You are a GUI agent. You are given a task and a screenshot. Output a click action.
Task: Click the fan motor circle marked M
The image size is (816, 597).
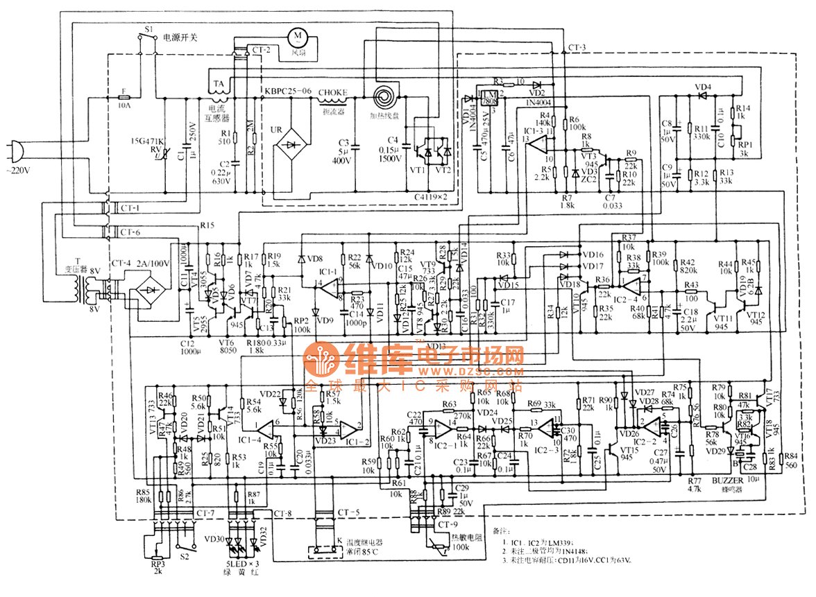297,35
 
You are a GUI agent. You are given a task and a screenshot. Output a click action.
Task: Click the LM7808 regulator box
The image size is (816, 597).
490,98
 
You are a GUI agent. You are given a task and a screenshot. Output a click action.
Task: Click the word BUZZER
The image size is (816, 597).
728,481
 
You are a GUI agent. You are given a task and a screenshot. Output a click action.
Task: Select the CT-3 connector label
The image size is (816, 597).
577,47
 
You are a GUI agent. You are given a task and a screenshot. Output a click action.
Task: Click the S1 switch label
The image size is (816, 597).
148,30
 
